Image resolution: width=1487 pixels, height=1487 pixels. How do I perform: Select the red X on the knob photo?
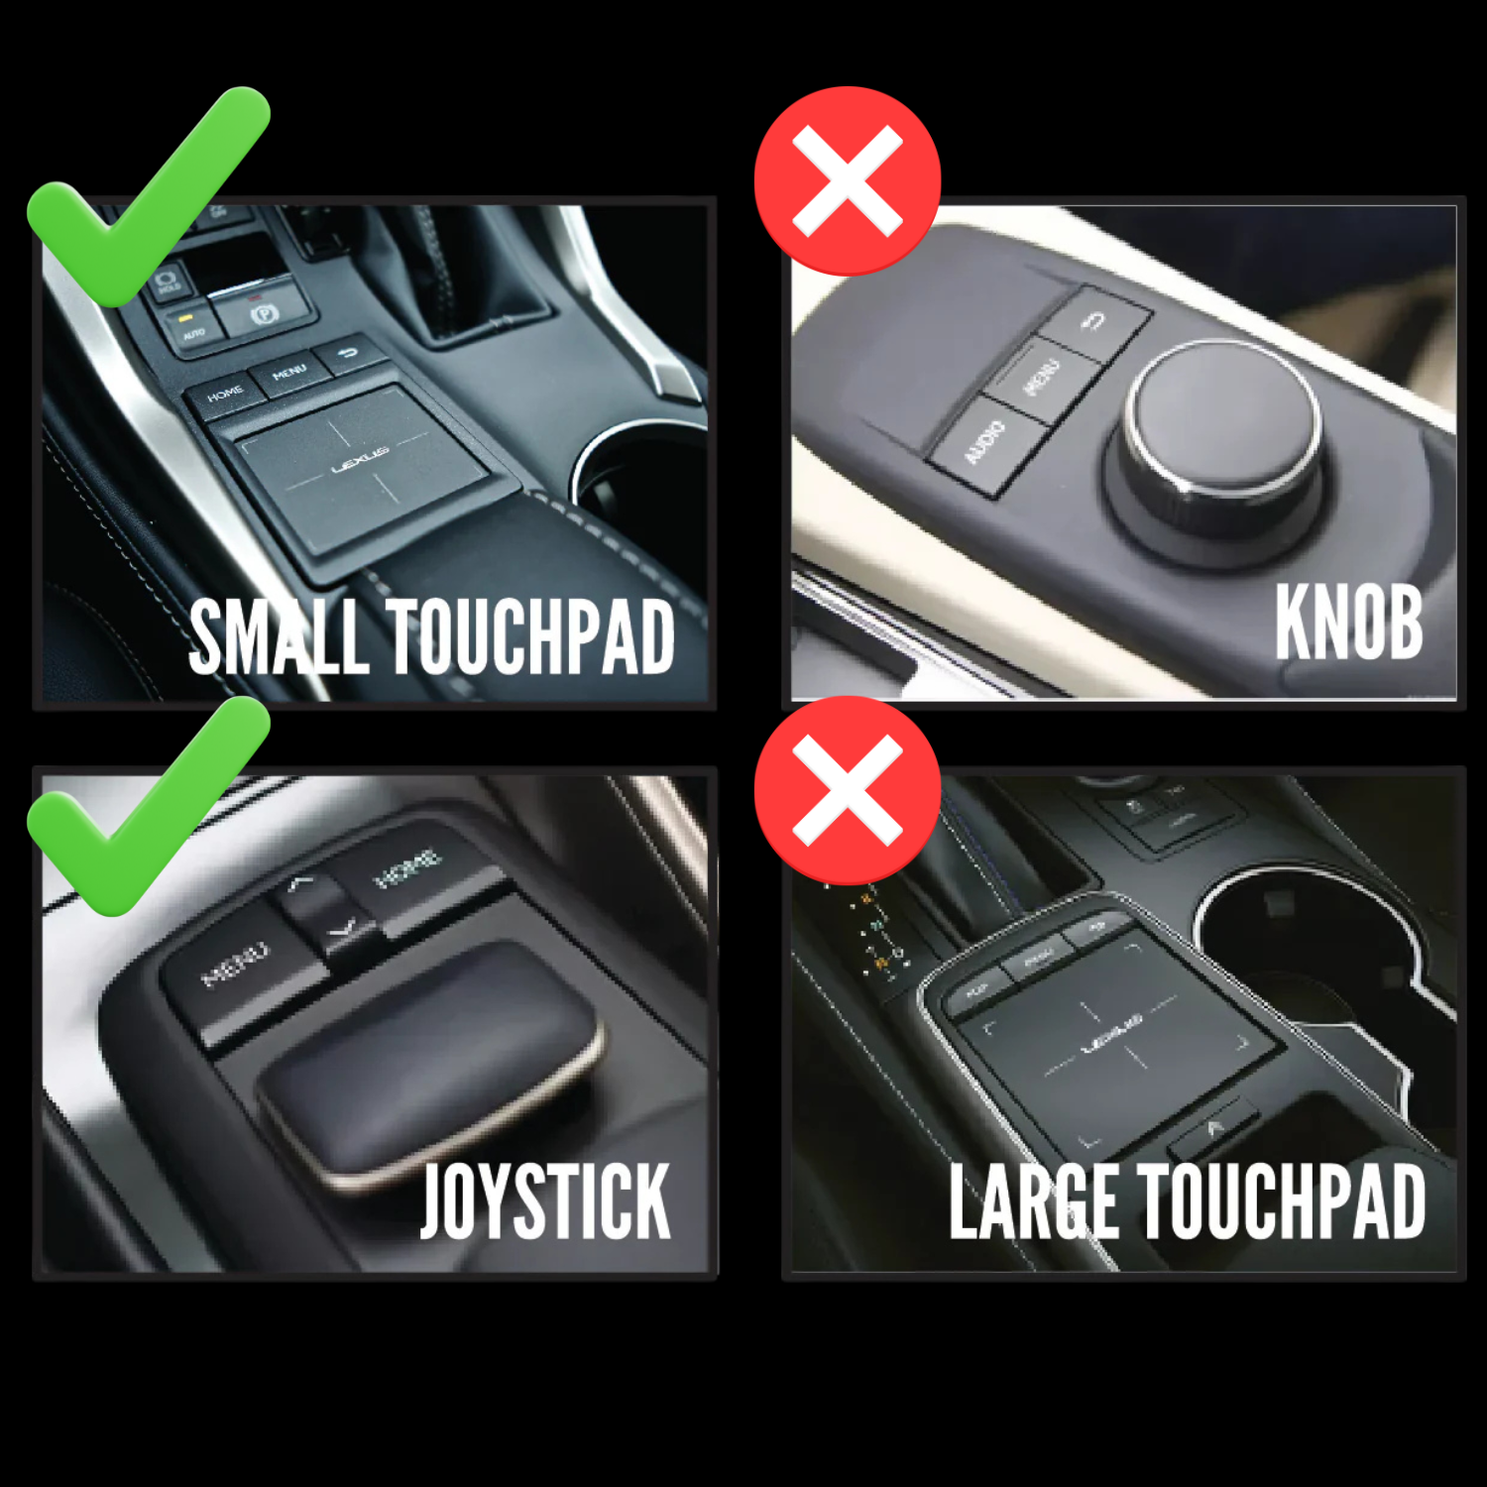pyautogui.click(x=848, y=181)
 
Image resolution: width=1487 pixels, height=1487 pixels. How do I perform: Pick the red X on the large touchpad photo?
pyautogui.click(x=848, y=790)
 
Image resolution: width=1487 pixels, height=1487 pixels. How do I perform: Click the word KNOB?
pyautogui.click(x=1348, y=622)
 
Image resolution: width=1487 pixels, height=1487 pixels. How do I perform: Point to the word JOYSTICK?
pyautogui.click(x=545, y=1201)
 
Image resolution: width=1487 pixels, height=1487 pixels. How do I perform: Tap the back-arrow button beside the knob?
pyautogui.click(x=1095, y=322)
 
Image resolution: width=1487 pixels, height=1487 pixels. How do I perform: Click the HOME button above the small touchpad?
pyautogui.click(x=225, y=394)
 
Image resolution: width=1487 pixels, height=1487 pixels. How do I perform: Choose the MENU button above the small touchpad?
pyautogui.click(x=289, y=373)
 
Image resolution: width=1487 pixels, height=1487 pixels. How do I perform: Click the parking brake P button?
pyautogui.click(x=264, y=313)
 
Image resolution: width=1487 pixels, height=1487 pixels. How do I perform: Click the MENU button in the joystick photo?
pyautogui.click(x=236, y=964)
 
